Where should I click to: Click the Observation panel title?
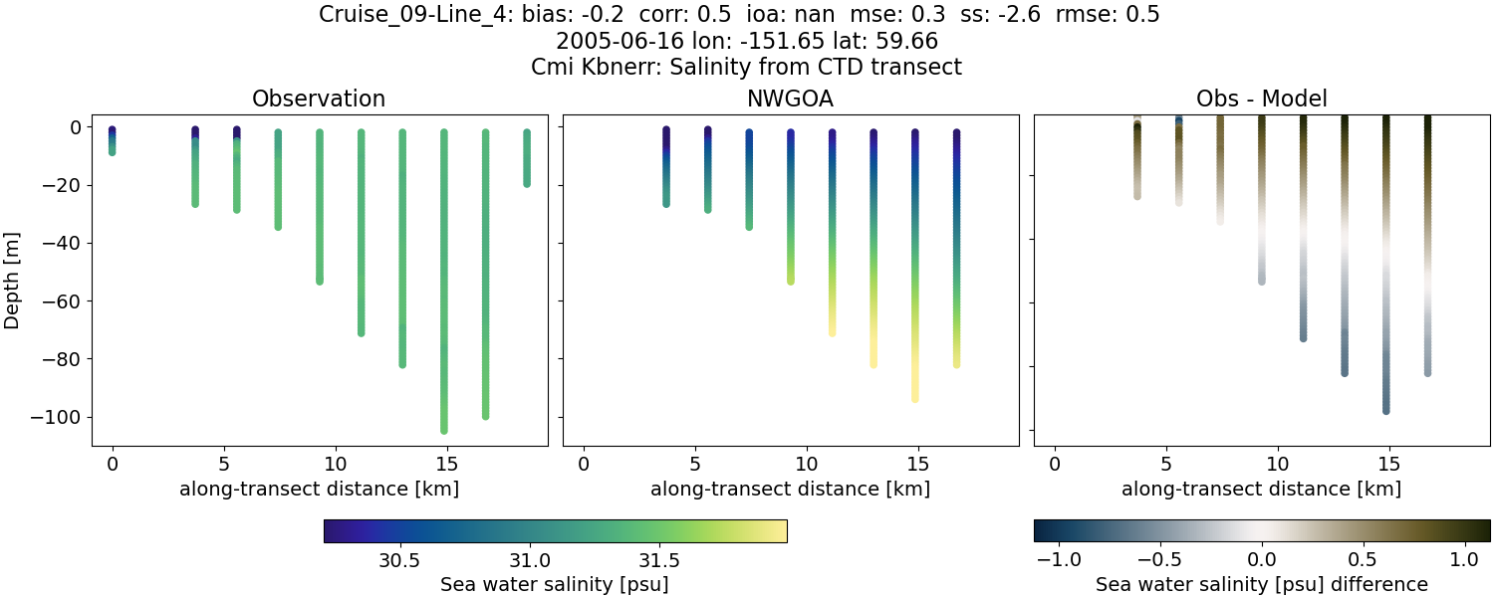point(319,99)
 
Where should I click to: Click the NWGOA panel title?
point(790,99)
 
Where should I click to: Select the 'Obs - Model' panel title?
point(1261,99)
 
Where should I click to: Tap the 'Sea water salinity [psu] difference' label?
point(1261,584)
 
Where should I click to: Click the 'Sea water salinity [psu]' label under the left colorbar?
point(554,584)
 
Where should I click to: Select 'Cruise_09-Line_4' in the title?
point(416,15)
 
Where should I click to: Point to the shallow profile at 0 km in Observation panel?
point(113,140)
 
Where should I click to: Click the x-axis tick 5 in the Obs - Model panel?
point(1166,464)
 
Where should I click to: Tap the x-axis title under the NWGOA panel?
point(790,489)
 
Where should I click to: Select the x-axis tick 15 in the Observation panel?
point(446,464)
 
